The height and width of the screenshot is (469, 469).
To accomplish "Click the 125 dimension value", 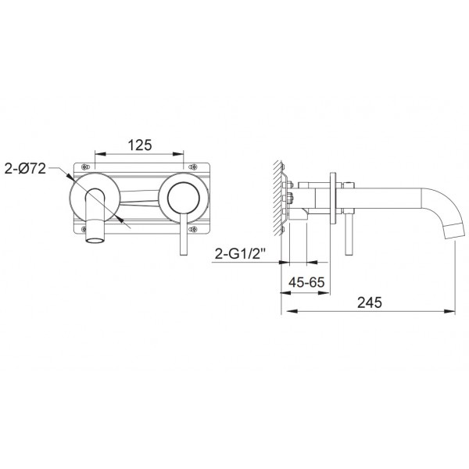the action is (x=140, y=145).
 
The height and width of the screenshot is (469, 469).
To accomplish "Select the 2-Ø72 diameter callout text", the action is (x=25, y=169).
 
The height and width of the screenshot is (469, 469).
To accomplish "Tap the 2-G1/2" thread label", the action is (x=241, y=254).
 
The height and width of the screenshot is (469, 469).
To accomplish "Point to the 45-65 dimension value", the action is (x=306, y=282).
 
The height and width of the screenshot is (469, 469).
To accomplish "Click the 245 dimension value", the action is (x=370, y=303).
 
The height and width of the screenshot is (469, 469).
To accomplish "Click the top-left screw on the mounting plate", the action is (x=85, y=166).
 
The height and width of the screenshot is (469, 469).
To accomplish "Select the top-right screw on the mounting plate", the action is (x=193, y=166).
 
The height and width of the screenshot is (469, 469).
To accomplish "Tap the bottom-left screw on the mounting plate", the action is (x=84, y=229).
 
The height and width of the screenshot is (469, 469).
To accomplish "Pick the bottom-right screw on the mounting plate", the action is (x=193, y=229).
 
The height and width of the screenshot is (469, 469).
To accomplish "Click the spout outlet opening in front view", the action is (x=95, y=240).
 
